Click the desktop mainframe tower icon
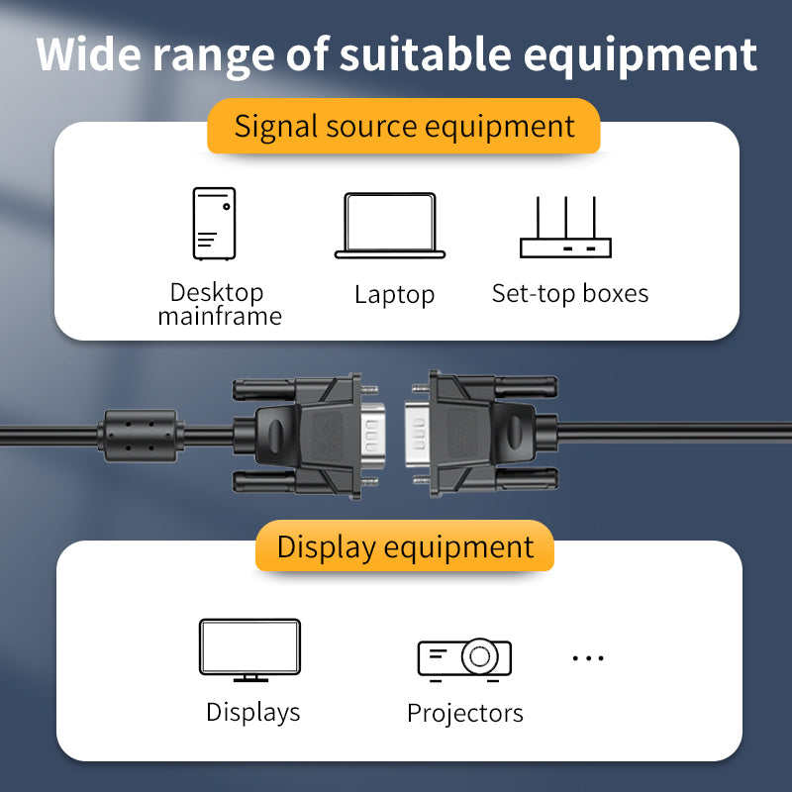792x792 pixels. point(214,224)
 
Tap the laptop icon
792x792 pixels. point(390,226)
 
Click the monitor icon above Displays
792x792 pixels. point(249,649)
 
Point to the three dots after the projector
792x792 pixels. point(588,657)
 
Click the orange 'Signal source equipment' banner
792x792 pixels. point(404,127)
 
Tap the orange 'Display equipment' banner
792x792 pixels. point(405,547)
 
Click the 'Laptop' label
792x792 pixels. point(394,295)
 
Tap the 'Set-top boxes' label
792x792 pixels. point(570,294)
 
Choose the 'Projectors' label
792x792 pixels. point(464,713)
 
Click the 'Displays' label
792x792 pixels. point(252,712)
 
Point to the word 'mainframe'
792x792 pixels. point(220,317)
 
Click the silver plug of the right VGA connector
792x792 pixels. point(417,434)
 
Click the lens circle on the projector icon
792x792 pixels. point(480,656)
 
